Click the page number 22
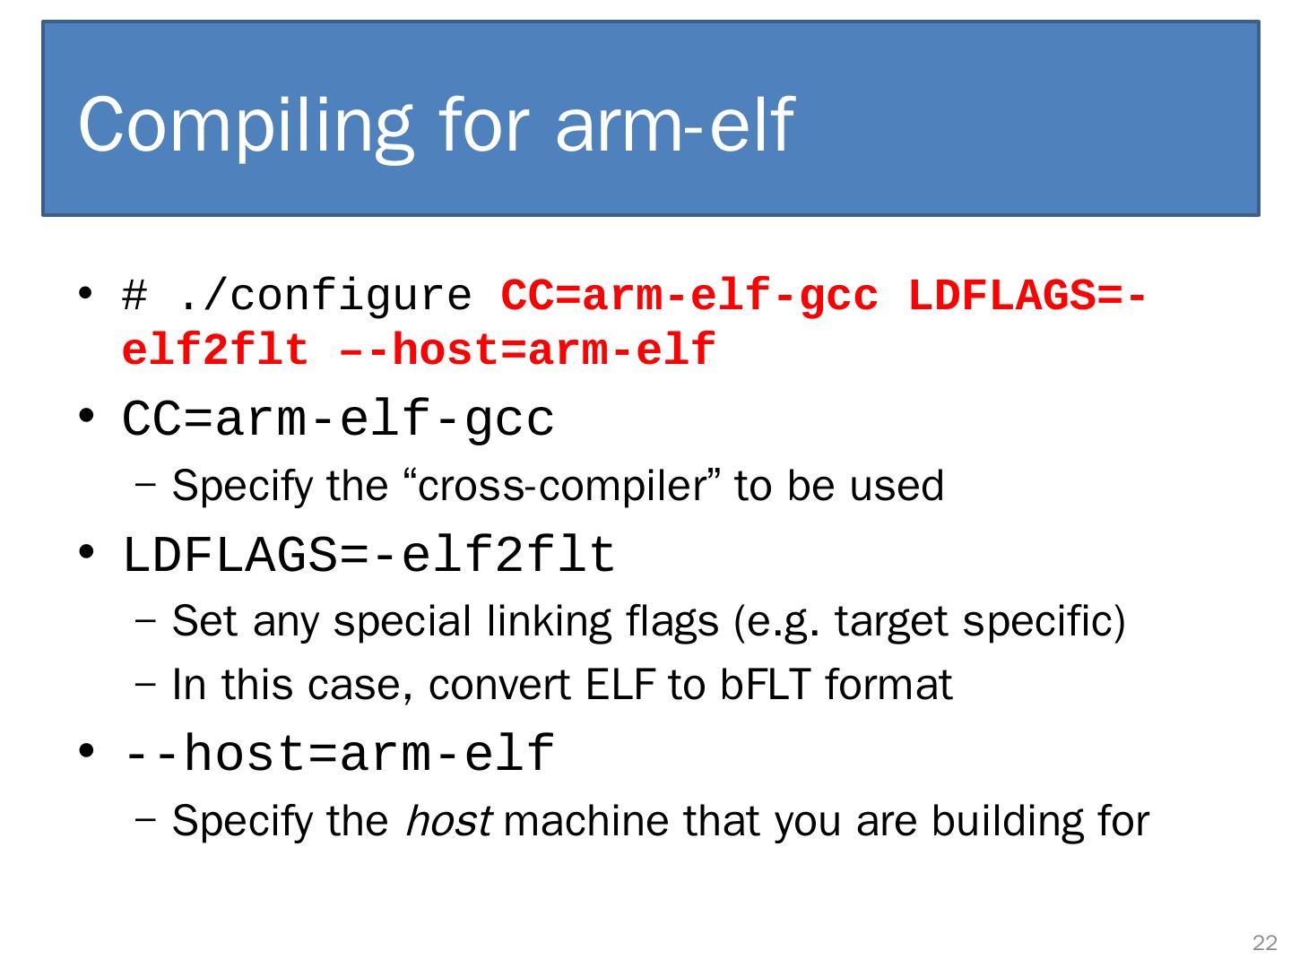coord(1264,943)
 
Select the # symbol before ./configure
coord(134,296)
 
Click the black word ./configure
coord(325,297)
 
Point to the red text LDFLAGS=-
coord(1026,296)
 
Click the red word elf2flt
coord(215,350)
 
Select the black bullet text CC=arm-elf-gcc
coord(338,419)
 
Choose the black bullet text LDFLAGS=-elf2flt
coord(368,556)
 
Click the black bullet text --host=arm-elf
coord(338,754)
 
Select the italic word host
coord(447,821)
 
